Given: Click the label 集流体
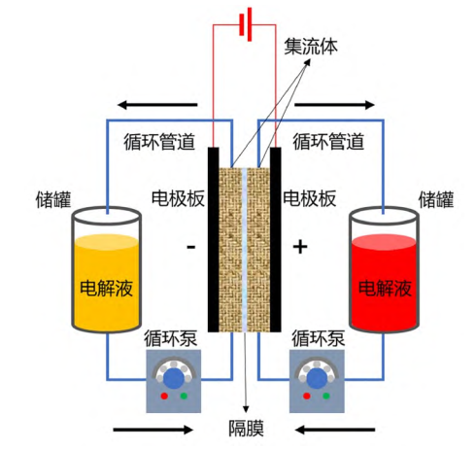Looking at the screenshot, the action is click(311, 47).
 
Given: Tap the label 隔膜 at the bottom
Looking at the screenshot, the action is click(246, 429).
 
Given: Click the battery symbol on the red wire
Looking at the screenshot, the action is click(246, 24).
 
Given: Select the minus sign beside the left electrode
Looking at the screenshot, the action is click(191, 248).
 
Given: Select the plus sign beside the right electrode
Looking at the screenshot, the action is click(300, 247).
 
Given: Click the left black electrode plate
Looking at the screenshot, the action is click(213, 240).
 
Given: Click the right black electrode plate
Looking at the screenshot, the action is click(275, 240).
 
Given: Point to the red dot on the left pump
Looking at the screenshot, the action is click(164, 396).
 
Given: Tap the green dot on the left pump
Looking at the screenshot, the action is click(184, 396).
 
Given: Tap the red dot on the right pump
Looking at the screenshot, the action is click(306, 396).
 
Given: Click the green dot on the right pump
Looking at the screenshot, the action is click(326, 396).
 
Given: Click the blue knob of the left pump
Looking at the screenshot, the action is click(174, 378).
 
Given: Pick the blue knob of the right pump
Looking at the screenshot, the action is click(317, 378).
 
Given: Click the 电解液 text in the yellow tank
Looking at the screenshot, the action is click(106, 288).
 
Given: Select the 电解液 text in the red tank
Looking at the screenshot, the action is click(385, 288).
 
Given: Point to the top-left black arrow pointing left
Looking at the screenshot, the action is click(157, 105).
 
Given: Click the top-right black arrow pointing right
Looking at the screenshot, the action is click(334, 105).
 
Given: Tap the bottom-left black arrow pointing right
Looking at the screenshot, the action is click(153, 430).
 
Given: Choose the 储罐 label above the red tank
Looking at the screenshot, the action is click(436, 199).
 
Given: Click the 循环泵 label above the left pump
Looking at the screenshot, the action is click(171, 339).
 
